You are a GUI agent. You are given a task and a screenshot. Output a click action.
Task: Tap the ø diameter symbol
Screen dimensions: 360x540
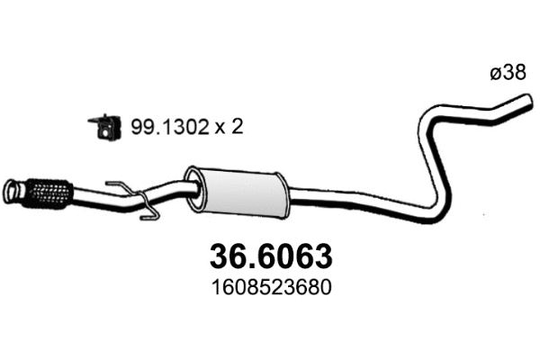pyautogui.click(x=496, y=75)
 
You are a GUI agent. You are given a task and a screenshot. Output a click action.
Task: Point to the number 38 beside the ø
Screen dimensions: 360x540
pyautogui.click(x=515, y=75)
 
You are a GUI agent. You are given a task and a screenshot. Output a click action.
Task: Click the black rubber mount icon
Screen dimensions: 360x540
pyautogui.click(x=104, y=127)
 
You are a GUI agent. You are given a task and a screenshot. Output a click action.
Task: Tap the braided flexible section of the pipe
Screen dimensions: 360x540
pyautogui.click(x=50, y=191)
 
